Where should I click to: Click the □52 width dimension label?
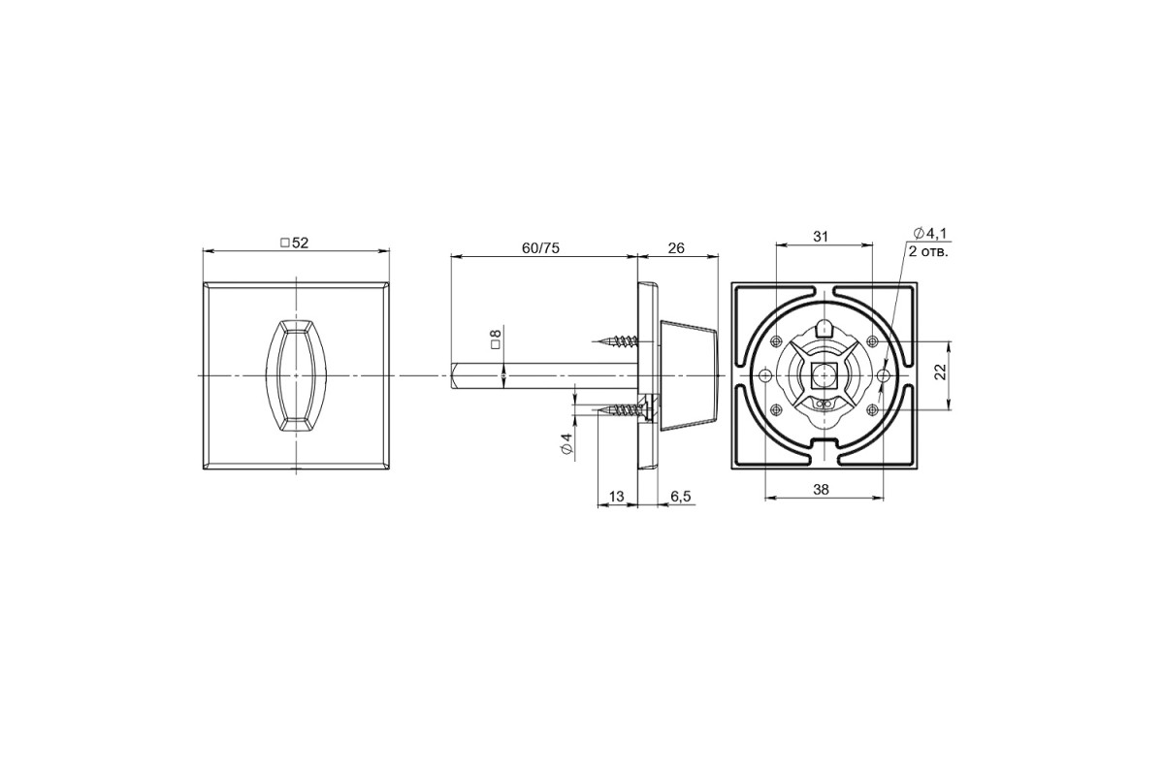[x=294, y=242]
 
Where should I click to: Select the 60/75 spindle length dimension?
[x=540, y=248]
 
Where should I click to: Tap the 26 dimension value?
[x=676, y=248]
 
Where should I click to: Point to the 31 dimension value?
[x=820, y=237]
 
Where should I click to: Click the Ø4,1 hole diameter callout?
[x=929, y=234]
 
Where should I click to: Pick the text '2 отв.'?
[x=928, y=252]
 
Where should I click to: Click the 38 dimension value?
[x=821, y=490]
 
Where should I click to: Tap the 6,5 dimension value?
[x=681, y=497]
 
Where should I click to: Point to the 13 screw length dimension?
[x=616, y=497]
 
